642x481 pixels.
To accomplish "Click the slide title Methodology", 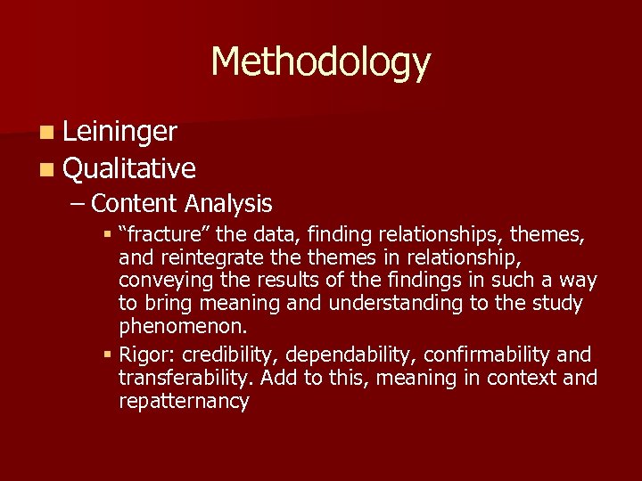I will coord(321,62).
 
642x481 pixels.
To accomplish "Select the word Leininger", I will coord(120,133).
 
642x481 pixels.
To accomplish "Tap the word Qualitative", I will coord(130,167).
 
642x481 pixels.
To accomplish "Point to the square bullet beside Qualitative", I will coord(45,168).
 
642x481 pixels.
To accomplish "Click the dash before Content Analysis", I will coord(78,204).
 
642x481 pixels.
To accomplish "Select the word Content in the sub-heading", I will coord(135,203).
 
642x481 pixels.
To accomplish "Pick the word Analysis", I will coord(228,203).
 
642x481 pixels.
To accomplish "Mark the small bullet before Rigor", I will coord(107,355).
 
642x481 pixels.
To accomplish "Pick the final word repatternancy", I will coord(184,401).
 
